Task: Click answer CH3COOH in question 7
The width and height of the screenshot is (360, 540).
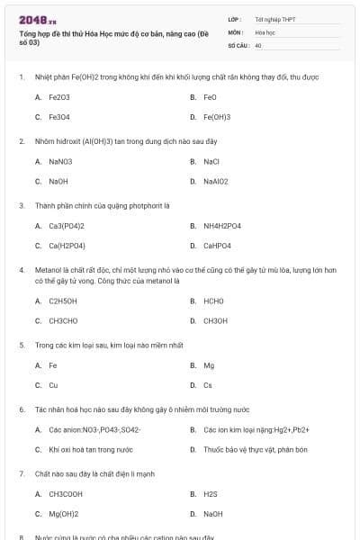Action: point(65,494)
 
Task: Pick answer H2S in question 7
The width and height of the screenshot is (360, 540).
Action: point(211,494)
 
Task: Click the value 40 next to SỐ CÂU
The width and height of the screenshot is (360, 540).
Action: point(258,44)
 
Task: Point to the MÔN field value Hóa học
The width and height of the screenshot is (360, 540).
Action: point(265,31)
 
